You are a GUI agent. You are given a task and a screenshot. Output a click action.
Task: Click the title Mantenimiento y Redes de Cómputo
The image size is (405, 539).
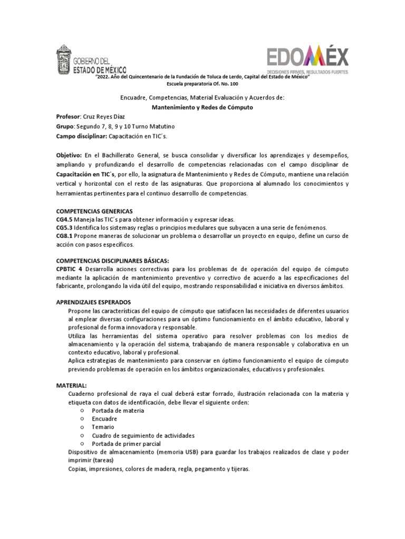[202, 107]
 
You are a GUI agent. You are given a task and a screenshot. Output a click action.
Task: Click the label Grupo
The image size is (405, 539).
[65, 126]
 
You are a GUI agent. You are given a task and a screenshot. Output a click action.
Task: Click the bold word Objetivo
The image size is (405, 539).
[69, 156]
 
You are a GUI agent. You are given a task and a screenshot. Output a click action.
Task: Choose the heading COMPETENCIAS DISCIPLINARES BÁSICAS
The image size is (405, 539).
[112, 260]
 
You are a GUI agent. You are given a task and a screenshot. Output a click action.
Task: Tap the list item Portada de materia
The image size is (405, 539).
[118, 411]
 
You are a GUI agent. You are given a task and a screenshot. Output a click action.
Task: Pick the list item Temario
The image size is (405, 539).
[103, 427]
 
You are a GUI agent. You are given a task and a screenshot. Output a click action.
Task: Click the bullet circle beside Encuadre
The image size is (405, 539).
[82, 419]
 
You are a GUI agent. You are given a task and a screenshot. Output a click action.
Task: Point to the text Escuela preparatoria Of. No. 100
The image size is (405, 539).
[202, 84]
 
